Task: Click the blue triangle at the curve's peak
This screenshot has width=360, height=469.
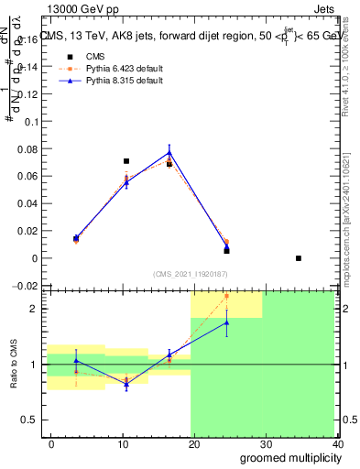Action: (x=169, y=152)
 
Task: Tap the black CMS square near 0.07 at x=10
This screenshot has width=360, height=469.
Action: (x=126, y=161)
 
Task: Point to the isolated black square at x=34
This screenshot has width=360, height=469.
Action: (x=299, y=258)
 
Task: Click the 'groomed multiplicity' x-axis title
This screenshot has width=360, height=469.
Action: (x=286, y=457)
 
